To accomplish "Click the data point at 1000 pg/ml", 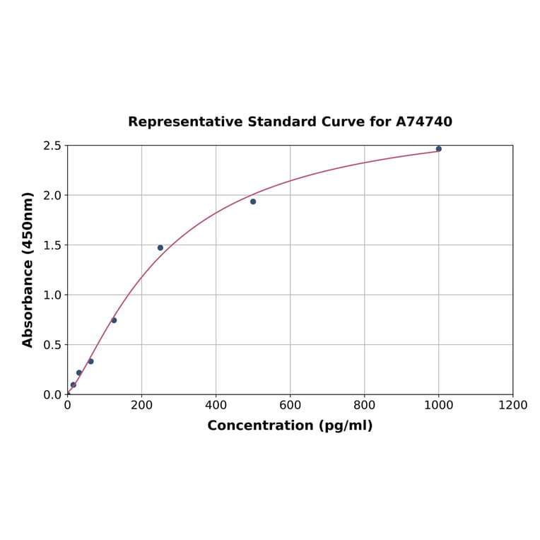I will coord(438,148).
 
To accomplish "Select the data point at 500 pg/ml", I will coord(253,201).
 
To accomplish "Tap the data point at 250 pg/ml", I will coord(160,247).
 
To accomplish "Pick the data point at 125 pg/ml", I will coord(114,320).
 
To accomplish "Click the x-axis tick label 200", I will coord(141,405).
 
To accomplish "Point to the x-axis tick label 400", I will coord(216,405).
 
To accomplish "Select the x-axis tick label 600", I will coord(290,405).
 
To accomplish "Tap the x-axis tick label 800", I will coord(364,405).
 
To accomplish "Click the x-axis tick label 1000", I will coord(438,405).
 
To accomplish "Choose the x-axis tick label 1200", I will coord(512,405).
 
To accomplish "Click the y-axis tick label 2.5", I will coord(52,146).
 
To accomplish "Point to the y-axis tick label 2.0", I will coord(52,195).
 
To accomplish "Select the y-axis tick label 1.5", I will coord(52,245).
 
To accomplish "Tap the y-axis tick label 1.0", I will coord(52,295).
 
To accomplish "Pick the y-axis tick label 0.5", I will coord(52,345).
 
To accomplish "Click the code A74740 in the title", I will coord(423,122).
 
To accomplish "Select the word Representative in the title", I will coord(185,122).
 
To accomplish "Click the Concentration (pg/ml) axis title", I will coord(290,425).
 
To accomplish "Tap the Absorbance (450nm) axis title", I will coord(28,269).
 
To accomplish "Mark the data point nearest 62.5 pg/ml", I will coord(90,361).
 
